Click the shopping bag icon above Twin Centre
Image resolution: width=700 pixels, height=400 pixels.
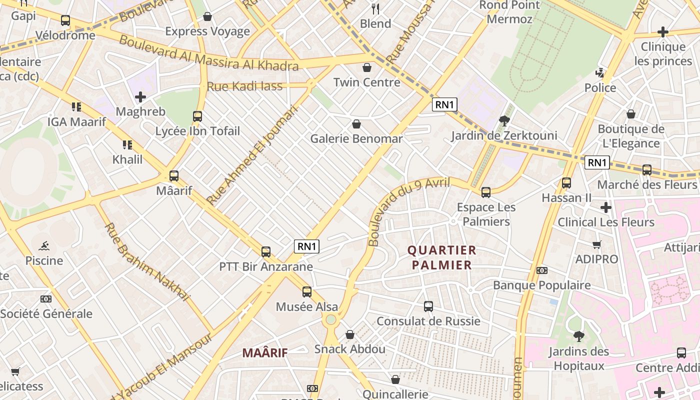367,67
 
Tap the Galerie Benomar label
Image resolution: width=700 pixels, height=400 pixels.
356,138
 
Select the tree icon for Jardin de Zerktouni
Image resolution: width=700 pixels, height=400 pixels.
504,120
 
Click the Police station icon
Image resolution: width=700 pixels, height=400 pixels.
600,73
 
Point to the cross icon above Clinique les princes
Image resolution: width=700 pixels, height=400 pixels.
662,32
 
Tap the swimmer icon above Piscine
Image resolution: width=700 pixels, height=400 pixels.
44,246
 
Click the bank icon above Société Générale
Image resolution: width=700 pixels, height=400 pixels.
46,299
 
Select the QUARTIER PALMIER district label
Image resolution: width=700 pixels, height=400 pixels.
442,257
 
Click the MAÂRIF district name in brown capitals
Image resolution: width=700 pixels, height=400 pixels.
265,352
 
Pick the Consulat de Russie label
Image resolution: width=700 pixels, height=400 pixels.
428,321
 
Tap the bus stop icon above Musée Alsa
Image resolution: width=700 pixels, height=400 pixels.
307,292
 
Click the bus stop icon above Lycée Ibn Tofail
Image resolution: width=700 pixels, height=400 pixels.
197,116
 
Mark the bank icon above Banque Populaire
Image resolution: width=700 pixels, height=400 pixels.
541,270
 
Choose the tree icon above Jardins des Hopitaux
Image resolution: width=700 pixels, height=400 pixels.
579,336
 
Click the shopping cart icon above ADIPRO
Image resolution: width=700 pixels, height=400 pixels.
596,244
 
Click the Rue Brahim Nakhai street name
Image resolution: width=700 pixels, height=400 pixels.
147,262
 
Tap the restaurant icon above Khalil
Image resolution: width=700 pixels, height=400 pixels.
127,145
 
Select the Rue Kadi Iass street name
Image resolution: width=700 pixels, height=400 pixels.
244,86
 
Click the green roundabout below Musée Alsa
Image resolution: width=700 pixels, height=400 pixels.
330,319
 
